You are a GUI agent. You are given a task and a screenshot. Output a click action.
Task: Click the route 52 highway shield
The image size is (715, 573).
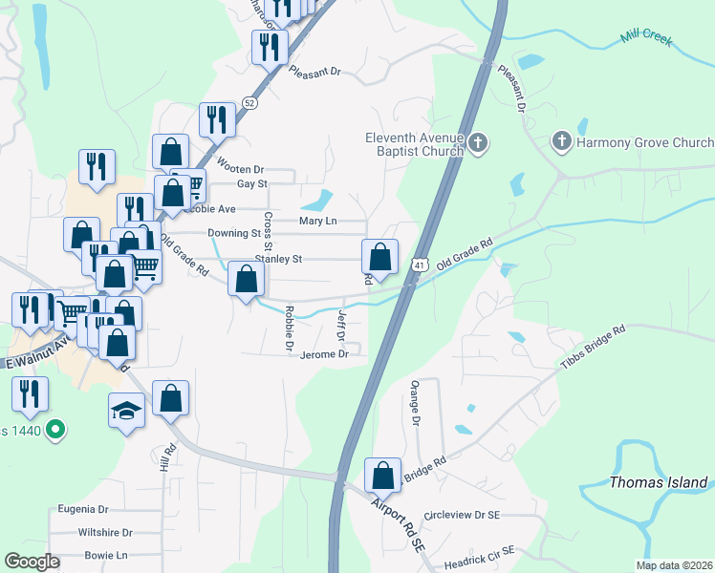249,101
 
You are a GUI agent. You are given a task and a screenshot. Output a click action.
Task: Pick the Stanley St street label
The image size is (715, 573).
277,259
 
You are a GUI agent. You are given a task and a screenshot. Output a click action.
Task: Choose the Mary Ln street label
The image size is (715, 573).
317,221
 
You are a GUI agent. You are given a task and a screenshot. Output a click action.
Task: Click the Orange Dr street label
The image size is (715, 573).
416,402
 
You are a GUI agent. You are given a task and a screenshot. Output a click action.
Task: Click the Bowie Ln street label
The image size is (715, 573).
105,555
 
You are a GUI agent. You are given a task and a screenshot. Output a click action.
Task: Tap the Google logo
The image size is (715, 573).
32,562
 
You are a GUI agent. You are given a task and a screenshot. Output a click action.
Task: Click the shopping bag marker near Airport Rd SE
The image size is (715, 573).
382,475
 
